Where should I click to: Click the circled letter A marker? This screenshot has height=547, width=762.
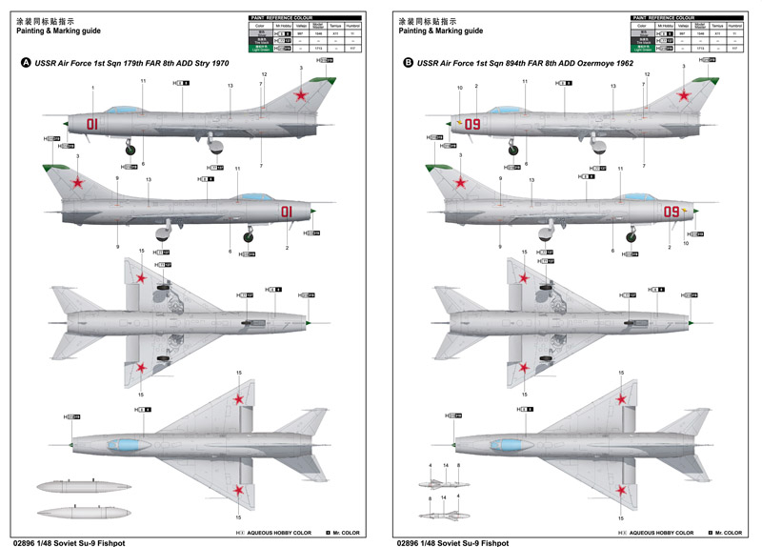(26, 63)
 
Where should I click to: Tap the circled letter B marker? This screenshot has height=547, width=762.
(409, 63)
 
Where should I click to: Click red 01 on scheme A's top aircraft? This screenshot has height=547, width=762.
(92, 123)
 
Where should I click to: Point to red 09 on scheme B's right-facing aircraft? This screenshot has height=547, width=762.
(672, 211)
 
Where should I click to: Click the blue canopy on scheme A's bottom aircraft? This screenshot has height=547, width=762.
(126, 444)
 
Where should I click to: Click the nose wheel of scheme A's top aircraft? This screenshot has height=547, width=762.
(128, 148)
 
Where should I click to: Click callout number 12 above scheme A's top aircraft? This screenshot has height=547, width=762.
(263, 74)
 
